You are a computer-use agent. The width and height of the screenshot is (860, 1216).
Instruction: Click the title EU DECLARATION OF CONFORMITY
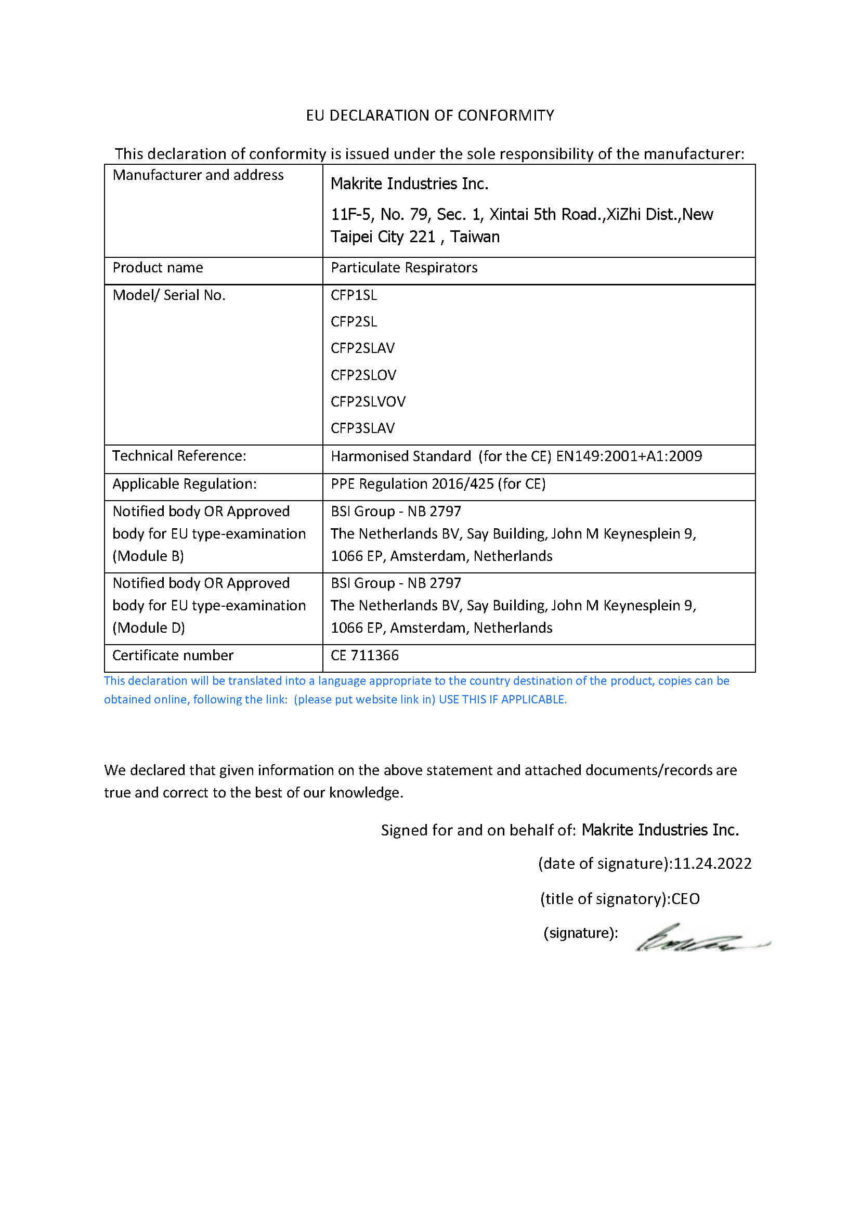tap(429, 115)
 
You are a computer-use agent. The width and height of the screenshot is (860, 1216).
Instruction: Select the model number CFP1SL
tap(354, 295)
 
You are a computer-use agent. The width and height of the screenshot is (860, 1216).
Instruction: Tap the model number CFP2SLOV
tap(363, 375)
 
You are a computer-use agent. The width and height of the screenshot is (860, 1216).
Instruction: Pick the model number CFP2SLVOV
tap(368, 401)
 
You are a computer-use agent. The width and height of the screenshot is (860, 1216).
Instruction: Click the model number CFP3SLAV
tap(363, 428)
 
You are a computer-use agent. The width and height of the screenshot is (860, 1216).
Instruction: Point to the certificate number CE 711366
tap(364, 656)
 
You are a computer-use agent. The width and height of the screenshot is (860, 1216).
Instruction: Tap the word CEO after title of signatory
tap(685, 899)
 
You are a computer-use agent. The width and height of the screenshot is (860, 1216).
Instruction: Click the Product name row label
tap(158, 268)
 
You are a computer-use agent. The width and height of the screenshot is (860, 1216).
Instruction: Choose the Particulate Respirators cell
tap(404, 268)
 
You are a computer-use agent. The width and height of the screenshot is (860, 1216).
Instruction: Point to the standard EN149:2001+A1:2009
tap(629, 456)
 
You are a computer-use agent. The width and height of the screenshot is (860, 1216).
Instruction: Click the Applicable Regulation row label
tap(184, 484)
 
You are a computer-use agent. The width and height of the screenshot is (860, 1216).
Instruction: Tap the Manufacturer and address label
tap(198, 175)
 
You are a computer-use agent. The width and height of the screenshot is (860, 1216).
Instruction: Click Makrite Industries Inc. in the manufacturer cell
tap(409, 184)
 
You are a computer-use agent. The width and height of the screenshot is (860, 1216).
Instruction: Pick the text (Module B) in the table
tap(148, 556)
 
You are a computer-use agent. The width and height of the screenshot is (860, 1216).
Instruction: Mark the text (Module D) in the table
tap(149, 628)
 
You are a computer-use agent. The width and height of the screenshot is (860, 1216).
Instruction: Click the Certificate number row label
tap(173, 656)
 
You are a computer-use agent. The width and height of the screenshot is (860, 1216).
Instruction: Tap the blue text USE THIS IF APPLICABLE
tap(503, 700)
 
